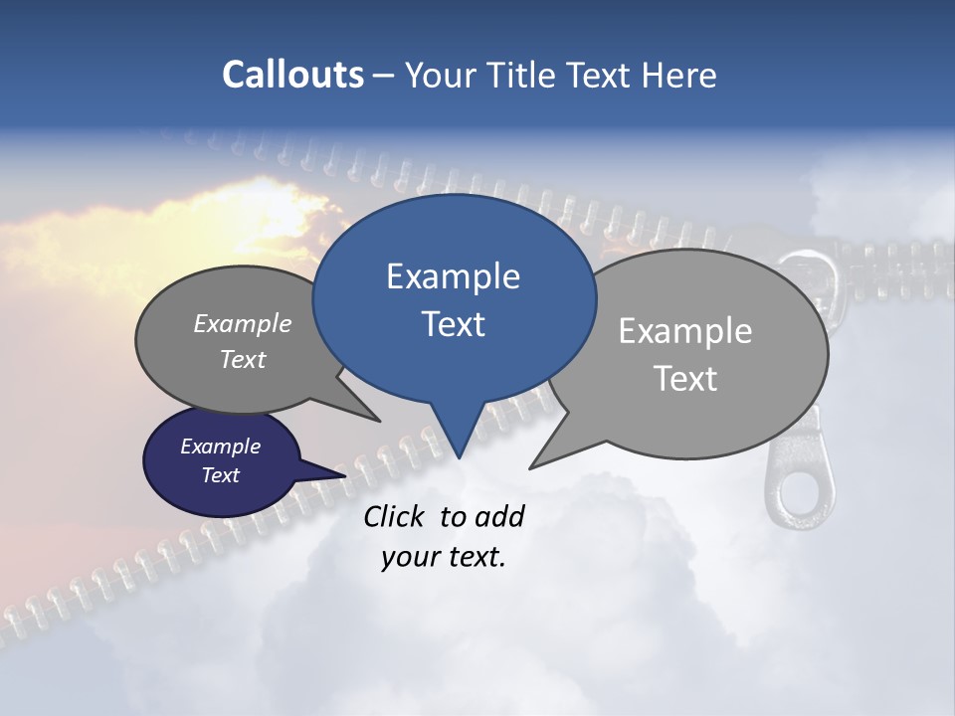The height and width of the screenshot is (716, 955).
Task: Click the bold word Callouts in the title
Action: (x=292, y=76)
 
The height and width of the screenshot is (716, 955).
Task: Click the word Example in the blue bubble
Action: (x=453, y=276)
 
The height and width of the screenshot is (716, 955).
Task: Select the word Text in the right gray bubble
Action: (x=685, y=379)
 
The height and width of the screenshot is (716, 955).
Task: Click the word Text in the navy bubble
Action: (x=220, y=475)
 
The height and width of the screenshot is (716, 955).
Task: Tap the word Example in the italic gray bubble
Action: (x=242, y=324)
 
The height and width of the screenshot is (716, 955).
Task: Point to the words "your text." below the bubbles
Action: (x=444, y=557)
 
